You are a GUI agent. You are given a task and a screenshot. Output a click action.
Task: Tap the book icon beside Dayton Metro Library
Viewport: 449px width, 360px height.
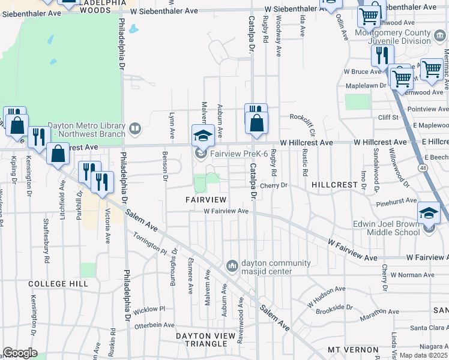point(136,127)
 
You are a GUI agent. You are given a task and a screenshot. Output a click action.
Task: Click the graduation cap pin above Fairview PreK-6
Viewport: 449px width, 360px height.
point(203,136)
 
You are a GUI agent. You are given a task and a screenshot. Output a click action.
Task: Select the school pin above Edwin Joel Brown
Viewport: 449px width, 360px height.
point(429,212)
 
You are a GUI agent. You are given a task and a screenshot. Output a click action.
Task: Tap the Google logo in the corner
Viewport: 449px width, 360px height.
point(20,353)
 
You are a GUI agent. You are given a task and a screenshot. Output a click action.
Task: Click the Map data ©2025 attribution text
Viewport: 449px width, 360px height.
point(424,355)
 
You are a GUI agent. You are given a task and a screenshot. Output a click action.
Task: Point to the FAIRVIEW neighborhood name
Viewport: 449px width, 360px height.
point(205,199)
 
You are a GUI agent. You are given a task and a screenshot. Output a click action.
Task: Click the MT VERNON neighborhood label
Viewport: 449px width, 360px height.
point(353,349)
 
